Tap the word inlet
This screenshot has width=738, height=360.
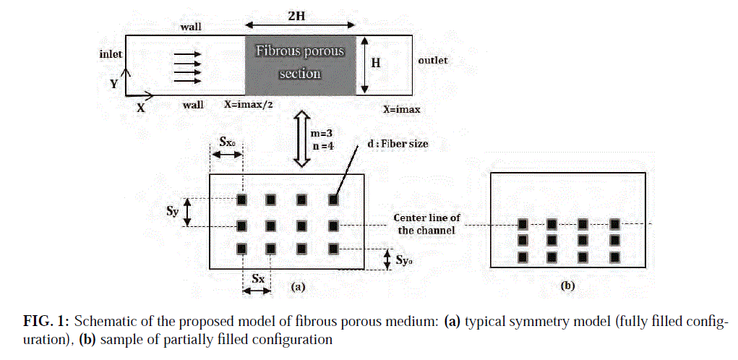111,54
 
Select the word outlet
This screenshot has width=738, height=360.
432,60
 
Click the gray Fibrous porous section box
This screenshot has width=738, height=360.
300,65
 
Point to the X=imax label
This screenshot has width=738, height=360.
401,109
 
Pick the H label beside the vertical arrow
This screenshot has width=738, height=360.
376,63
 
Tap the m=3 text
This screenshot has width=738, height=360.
323,133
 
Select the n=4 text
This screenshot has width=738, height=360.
323,146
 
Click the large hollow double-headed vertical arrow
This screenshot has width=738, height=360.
301,138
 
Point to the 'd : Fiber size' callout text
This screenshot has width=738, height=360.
398,144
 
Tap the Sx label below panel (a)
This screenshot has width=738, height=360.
258,278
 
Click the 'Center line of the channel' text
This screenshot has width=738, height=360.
427,224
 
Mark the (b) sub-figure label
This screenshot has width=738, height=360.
568,285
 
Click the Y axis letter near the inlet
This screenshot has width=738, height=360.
114,84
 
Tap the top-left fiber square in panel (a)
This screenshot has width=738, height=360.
242,200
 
